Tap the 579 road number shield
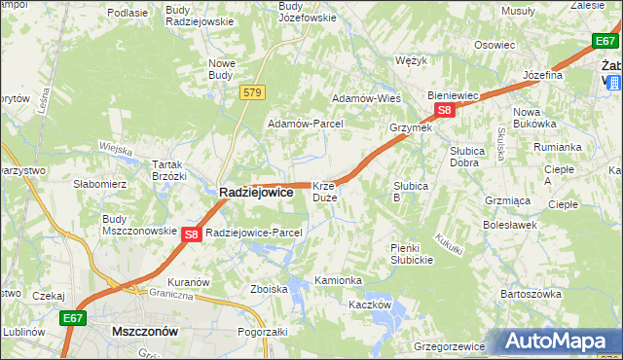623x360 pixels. pyautogui.click(x=253, y=92)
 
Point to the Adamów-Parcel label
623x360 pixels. pyautogui.click(x=306, y=125)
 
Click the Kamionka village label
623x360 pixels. pyautogui.click(x=338, y=280)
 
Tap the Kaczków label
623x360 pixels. pyautogui.click(x=370, y=305)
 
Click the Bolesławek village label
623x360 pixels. pyautogui.click(x=510, y=225)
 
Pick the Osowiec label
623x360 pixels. pyautogui.click(x=495, y=45)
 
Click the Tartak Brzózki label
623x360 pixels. pyautogui.click(x=164, y=171)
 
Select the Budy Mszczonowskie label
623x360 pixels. pyautogui.click(x=133, y=226)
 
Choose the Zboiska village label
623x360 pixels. pyautogui.click(x=269, y=289)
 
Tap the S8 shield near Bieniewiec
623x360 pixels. pyautogui.click(x=444, y=111)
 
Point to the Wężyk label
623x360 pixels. pyautogui.click(x=413, y=60)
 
